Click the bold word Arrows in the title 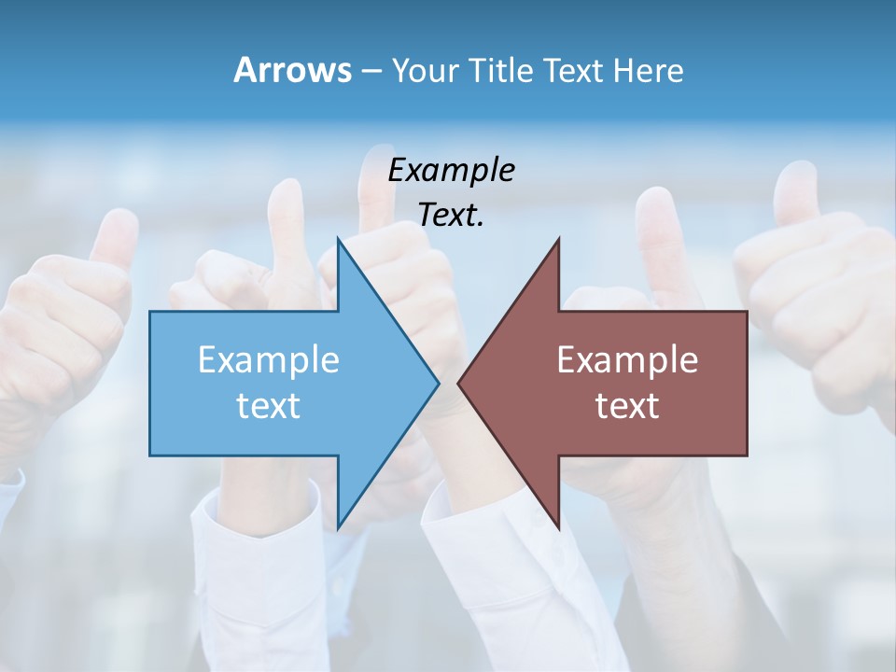[292, 70]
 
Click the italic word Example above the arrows [451, 171]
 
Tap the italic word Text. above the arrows [451, 215]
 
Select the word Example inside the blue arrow [269, 359]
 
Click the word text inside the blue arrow [269, 406]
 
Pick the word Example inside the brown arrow [627, 359]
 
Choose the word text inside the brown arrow [627, 406]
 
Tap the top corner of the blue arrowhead [338, 239]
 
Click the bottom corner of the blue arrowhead [338, 527]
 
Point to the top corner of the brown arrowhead [558, 239]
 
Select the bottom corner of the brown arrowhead [558, 527]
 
